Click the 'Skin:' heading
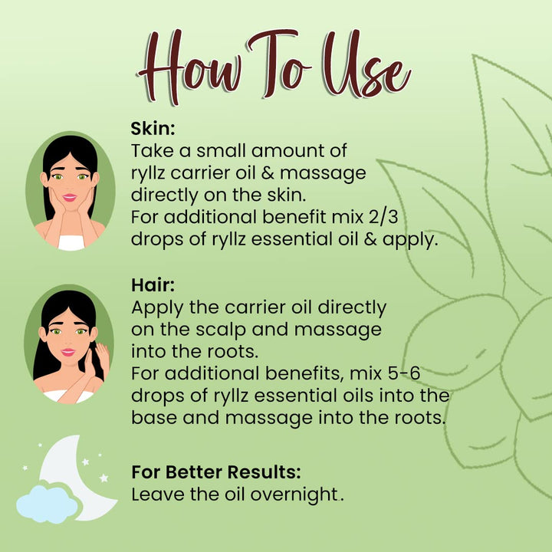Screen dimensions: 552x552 click(153, 129)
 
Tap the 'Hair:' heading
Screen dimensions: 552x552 click(153, 284)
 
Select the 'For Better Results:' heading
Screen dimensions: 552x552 click(216, 472)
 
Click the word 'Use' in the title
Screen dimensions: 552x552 click(367, 65)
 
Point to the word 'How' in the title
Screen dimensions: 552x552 click(190, 67)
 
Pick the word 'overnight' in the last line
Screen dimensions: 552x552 click(294, 495)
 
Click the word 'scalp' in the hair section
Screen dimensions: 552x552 click(221, 330)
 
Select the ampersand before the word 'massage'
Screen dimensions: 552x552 click(268, 173)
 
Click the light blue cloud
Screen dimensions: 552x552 click(48, 504)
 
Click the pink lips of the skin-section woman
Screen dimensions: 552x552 click(69, 198)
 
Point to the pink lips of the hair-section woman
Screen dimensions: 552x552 click(67, 352)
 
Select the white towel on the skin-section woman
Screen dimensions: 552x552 click(71, 243)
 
